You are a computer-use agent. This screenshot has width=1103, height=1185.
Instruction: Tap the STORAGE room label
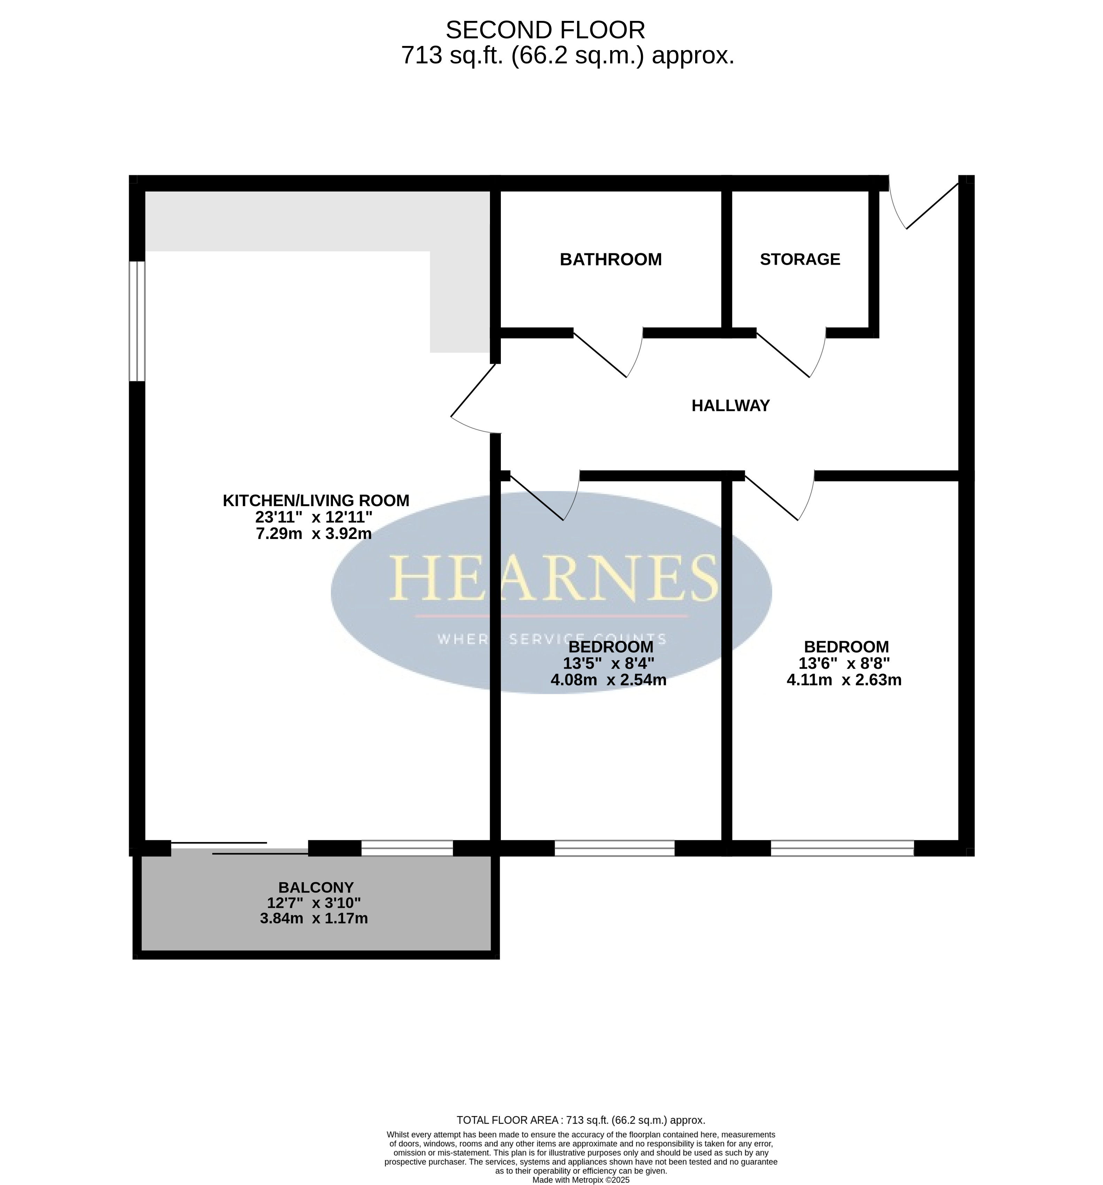pos(800,259)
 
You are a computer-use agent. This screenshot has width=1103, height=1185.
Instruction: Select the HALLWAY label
pos(730,405)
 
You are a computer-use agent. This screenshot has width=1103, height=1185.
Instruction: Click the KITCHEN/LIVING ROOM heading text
pos(316,501)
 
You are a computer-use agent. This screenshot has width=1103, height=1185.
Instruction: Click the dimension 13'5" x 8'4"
pos(608,663)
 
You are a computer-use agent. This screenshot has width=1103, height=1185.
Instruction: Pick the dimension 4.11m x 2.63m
pos(844,680)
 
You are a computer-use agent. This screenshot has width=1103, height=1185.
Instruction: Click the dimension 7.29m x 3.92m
pos(313,533)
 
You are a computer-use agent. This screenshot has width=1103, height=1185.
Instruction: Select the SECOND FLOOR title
pos(545,30)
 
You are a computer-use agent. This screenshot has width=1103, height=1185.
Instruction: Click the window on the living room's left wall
pos(137,321)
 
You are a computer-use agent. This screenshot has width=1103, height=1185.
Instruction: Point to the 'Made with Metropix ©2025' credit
pos(581,1180)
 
